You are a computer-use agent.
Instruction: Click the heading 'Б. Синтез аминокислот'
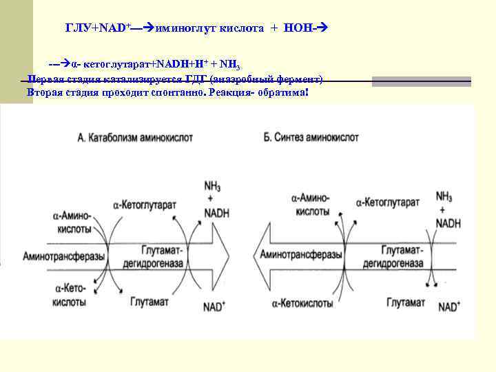(x=311, y=138)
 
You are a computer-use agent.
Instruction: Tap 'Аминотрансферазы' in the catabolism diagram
(x=64, y=256)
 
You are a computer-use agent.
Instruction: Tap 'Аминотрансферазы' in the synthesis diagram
(x=301, y=256)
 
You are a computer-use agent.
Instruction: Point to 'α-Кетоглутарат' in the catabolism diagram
(x=145, y=205)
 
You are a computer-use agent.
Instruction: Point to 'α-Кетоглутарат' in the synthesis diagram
(x=388, y=204)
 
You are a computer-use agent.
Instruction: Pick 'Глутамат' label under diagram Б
(x=406, y=303)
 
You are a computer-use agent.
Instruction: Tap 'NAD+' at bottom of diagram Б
(x=449, y=307)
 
